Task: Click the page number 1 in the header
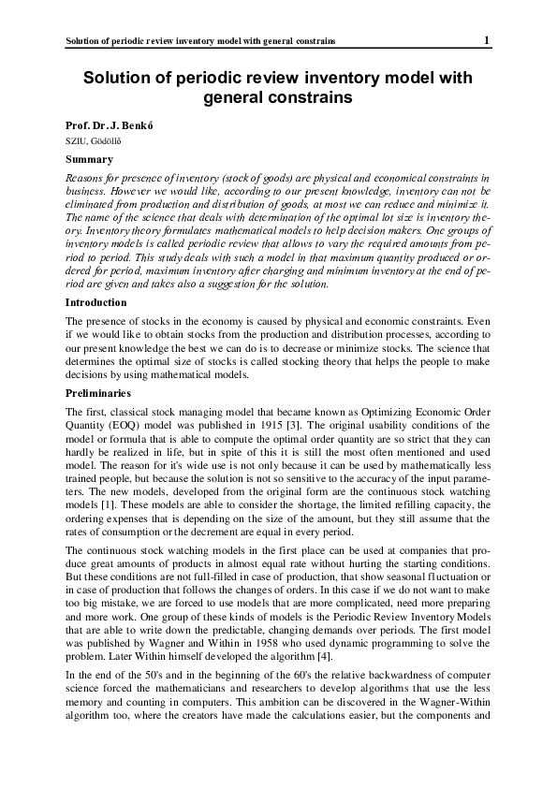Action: pos(487,40)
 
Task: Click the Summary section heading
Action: pos(89,159)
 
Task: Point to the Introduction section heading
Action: pos(96,302)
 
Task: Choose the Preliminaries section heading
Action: pos(97,393)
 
